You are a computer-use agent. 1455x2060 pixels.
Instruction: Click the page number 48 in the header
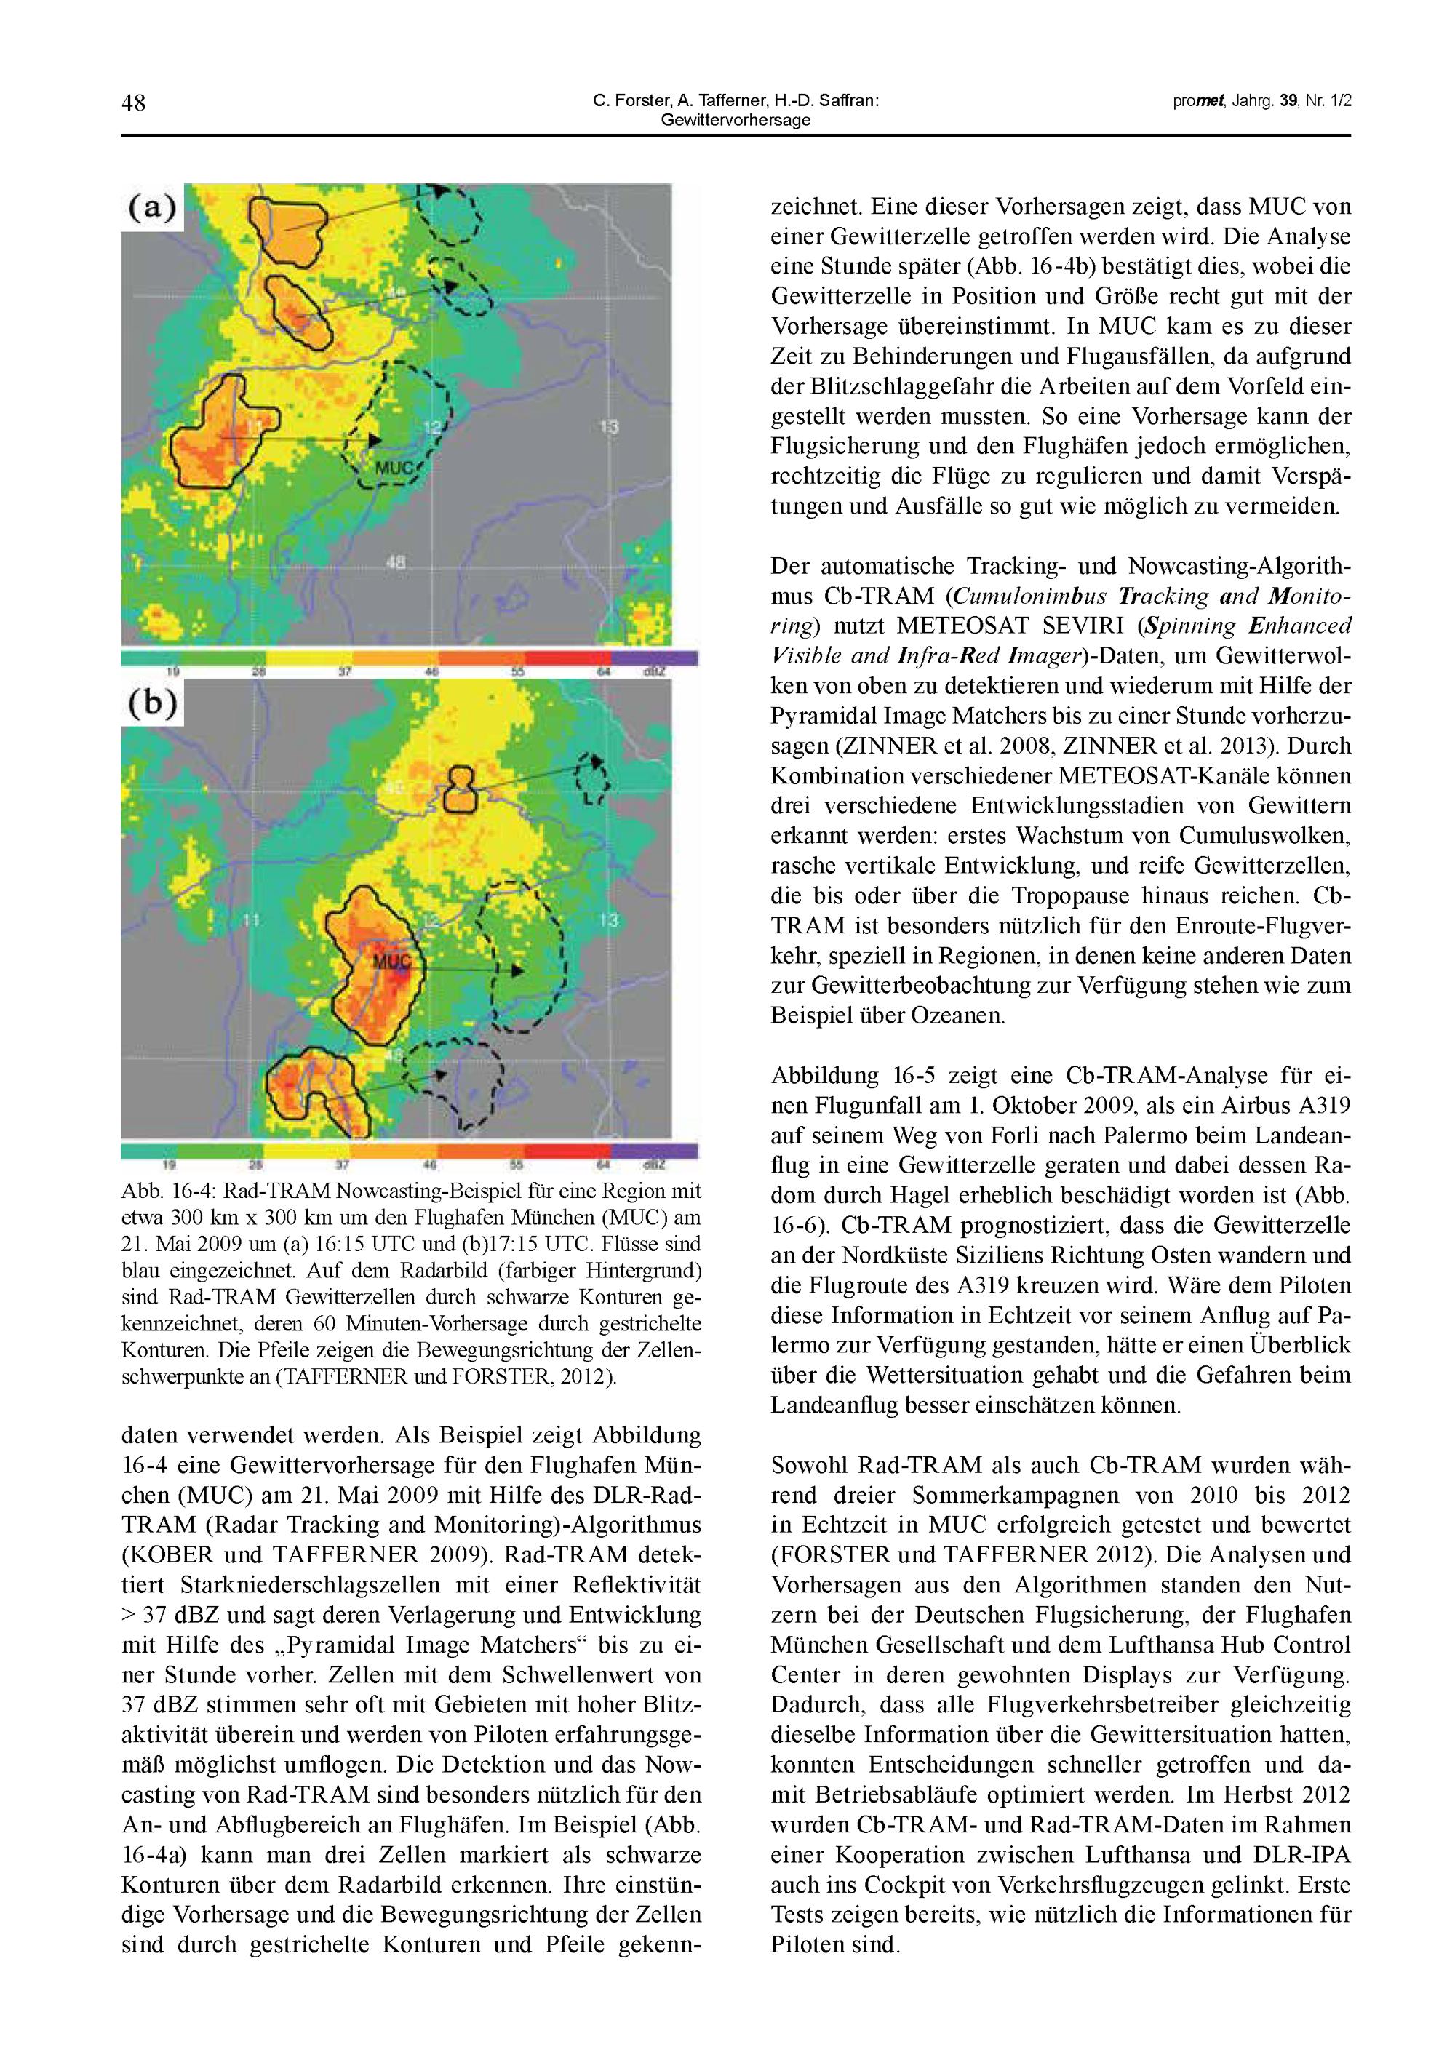pos(134,104)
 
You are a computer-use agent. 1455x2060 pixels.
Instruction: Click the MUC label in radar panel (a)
pos(393,468)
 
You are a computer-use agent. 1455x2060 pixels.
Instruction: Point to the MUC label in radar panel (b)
pos(391,962)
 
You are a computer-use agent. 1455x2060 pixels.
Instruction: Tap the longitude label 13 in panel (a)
pos(610,426)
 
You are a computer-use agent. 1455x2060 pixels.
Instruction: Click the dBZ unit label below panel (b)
pos(653,1165)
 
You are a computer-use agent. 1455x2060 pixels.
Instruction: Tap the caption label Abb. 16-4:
pos(168,1192)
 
